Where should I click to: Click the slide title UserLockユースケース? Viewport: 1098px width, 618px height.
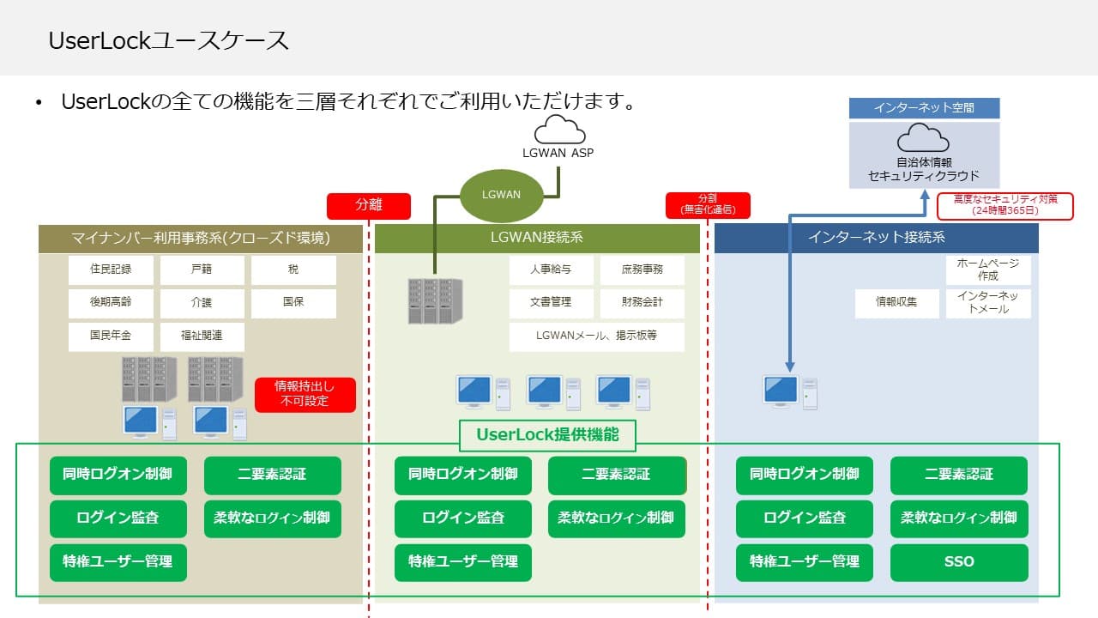(x=168, y=40)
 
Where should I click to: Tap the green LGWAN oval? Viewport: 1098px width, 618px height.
(x=502, y=194)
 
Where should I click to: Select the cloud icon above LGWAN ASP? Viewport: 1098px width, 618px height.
(x=559, y=130)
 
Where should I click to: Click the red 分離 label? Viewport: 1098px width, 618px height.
(x=369, y=206)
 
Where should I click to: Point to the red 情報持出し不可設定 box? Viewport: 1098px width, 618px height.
(x=305, y=394)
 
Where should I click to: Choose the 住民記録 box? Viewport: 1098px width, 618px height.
(x=111, y=270)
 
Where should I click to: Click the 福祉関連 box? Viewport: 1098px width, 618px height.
(x=202, y=336)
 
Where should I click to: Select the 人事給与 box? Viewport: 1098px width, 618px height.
(x=551, y=270)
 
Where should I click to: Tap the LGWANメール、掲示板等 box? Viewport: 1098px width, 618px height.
(x=596, y=336)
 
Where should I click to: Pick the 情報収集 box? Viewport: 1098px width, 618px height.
(x=896, y=303)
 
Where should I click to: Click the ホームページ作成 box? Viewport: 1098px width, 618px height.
(x=988, y=270)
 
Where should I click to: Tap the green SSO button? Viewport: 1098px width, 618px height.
(x=959, y=562)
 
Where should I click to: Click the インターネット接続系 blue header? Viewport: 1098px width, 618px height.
(x=876, y=238)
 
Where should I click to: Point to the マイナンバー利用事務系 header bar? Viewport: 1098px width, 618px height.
(x=201, y=238)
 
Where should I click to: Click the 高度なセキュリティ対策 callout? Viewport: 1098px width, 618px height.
(x=1004, y=205)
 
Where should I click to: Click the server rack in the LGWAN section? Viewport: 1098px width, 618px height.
(x=433, y=300)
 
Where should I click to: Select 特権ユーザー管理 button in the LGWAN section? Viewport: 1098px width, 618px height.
(x=463, y=562)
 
